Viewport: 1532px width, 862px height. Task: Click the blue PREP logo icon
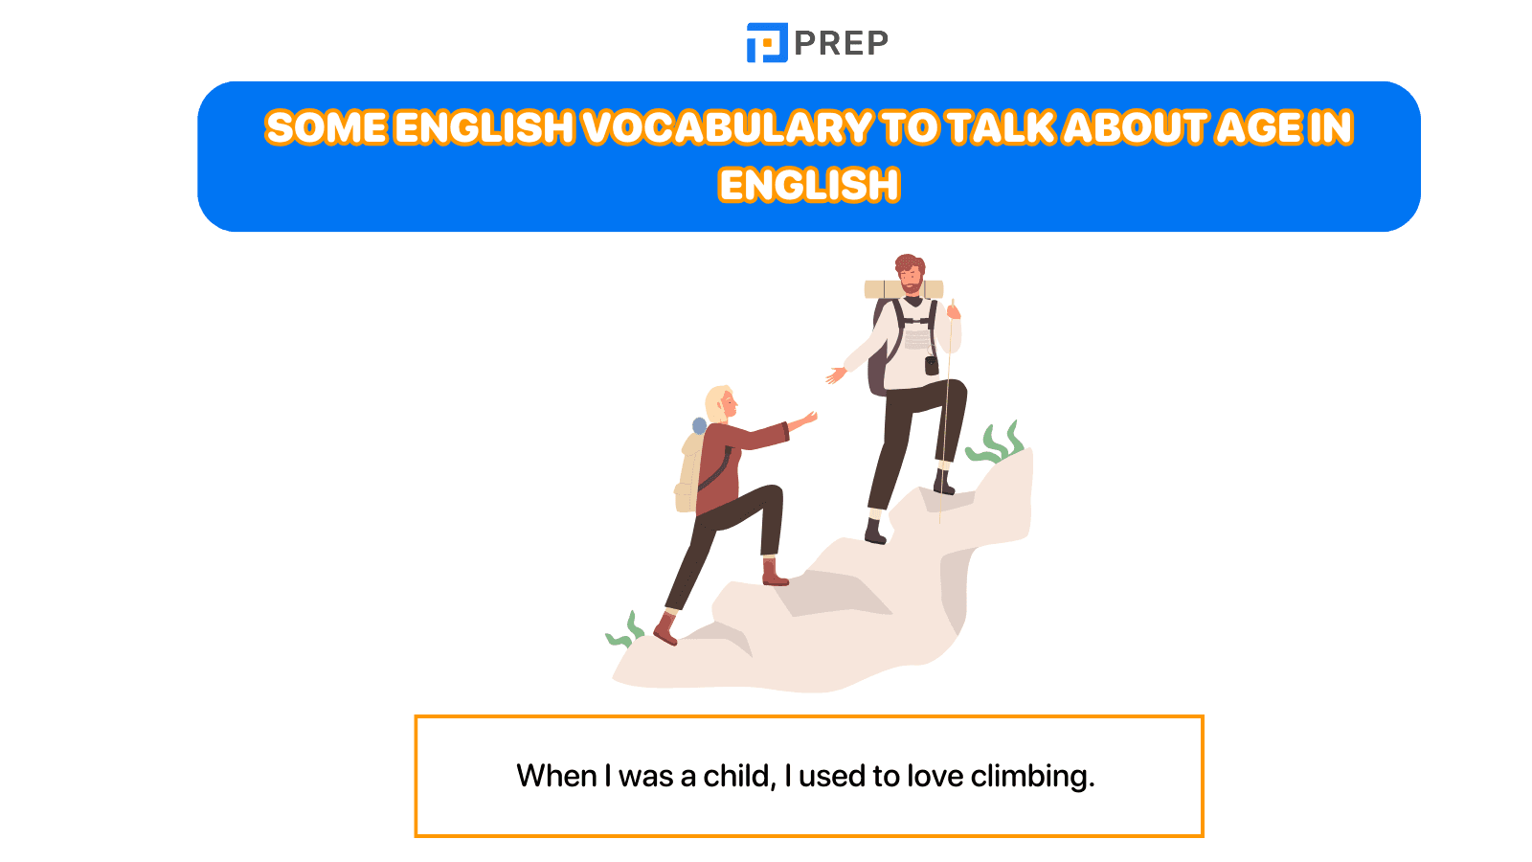pyautogui.click(x=767, y=43)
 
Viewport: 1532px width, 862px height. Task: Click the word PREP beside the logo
pyautogui.click(x=841, y=43)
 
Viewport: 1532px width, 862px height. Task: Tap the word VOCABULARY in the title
pyautogui.click(x=727, y=127)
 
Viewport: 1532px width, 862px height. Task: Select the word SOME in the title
pyautogui.click(x=327, y=127)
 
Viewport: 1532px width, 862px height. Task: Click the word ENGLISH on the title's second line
pyautogui.click(x=809, y=185)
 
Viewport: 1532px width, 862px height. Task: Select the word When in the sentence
pyautogui.click(x=556, y=776)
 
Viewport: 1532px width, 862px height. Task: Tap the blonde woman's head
pyautogui.click(x=720, y=403)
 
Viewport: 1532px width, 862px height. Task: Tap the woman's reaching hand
pyautogui.click(x=808, y=418)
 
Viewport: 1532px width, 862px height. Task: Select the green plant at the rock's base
pyautogui.click(x=625, y=632)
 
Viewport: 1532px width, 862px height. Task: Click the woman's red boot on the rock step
pyautogui.click(x=774, y=573)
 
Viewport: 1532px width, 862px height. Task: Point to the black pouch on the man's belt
pyautogui.click(x=931, y=365)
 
